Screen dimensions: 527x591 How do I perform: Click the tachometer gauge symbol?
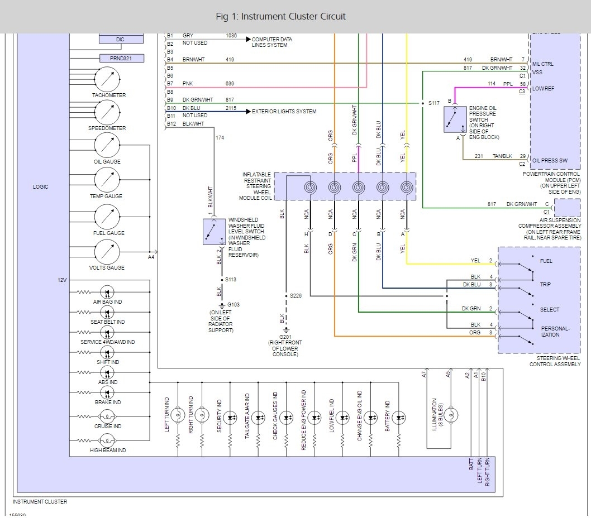pyautogui.click(x=107, y=79)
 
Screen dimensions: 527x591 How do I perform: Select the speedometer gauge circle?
pyautogui.click(x=107, y=113)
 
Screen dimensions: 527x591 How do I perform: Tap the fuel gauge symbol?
pyautogui.click(x=107, y=217)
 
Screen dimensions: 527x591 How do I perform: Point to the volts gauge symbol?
pyautogui.click(x=107, y=252)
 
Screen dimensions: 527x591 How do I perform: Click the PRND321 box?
pyautogui.click(x=122, y=58)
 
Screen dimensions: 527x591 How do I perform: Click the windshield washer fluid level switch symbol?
pyautogui.click(x=213, y=232)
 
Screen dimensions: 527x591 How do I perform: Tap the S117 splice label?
pyautogui.click(x=433, y=103)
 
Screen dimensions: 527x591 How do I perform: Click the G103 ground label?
pyautogui.click(x=233, y=304)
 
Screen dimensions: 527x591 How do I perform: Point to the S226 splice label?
pyautogui.click(x=295, y=296)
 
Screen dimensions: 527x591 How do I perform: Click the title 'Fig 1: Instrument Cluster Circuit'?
pyautogui.click(x=280, y=16)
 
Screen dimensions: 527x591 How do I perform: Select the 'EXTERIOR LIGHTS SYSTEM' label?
pyautogui.click(x=284, y=112)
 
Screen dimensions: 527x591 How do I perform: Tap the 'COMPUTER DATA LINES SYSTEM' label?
pyautogui.click(x=272, y=42)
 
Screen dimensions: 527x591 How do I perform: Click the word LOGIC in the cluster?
pyautogui.click(x=41, y=187)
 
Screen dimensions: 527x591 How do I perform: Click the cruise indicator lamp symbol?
pyautogui.click(x=107, y=416)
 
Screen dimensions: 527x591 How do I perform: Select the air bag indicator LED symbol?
pyautogui.click(x=107, y=292)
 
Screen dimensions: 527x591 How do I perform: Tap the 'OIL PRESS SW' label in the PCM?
pyautogui.click(x=550, y=160)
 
